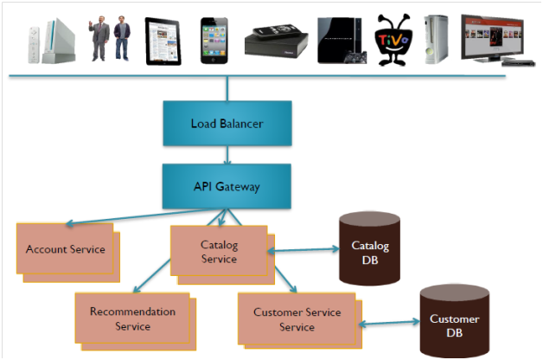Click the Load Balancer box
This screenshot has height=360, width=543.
tap(227, 124)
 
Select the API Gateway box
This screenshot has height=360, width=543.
tap(227, 185)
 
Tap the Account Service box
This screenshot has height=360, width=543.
tap(66, 249)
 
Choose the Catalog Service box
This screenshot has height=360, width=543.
tap(219, 252)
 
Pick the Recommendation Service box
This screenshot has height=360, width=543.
tap(132, 318)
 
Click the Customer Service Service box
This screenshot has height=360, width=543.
tap(297, 319)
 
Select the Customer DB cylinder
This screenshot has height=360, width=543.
tap(454, 325)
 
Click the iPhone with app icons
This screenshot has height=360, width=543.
tap(213, 39)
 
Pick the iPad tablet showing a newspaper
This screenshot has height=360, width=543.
tap(164, 39)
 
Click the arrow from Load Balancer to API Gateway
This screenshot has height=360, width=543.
tap(227, 155)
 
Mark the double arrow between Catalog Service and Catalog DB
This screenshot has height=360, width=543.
tap(305, 250)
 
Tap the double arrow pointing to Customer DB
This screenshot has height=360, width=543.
tap(388, 325)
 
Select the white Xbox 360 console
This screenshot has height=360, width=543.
tap(437, 39)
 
